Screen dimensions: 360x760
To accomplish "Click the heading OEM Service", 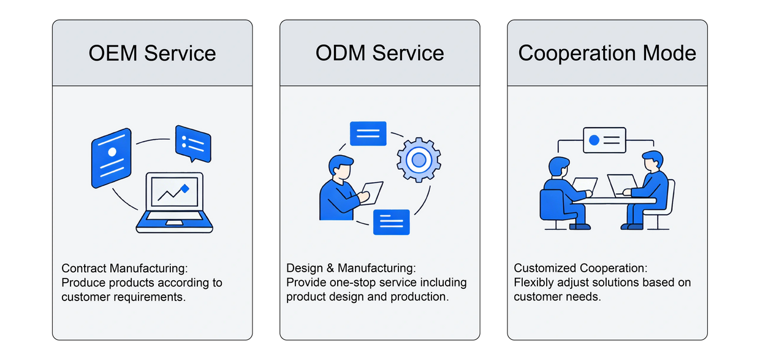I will (x=152, y=53).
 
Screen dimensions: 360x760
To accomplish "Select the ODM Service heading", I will (x=379, y=53).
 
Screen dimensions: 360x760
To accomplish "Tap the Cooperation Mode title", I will (x=607, y=53).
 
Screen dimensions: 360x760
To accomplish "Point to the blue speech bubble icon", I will (x=192, y=143).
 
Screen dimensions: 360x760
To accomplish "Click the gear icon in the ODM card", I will (x=419, y=161).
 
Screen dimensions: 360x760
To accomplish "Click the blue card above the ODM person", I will (x=368, y=134).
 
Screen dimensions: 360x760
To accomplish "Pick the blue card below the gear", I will (x=391, y=221).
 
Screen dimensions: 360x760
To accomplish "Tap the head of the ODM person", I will (x=340, y=166).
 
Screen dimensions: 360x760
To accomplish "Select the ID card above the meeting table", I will (x=604, y=140).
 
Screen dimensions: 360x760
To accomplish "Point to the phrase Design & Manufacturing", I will (x=351, y=269).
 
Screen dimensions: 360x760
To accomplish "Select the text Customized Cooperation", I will (x=580, y=269).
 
